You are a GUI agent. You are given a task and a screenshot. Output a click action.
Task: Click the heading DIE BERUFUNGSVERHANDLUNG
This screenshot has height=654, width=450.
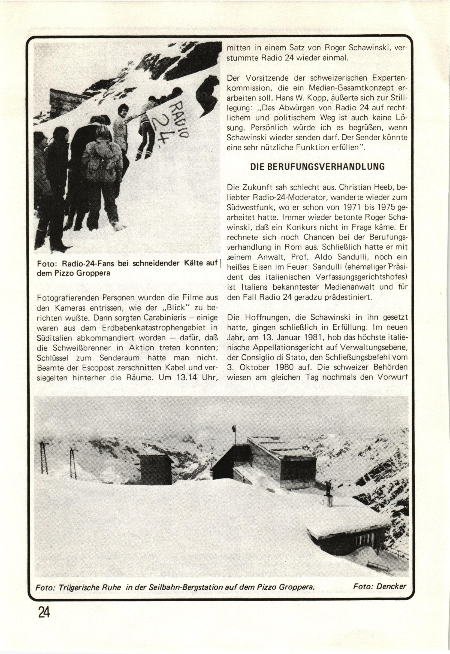point(318,166)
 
